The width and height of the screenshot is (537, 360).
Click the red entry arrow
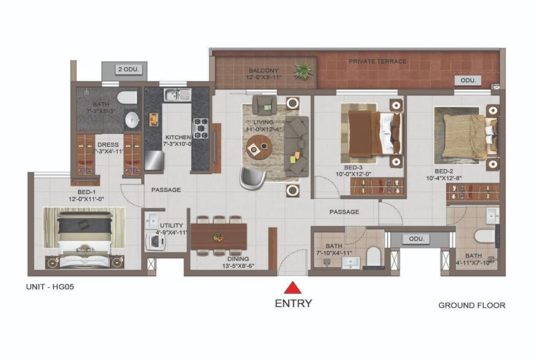[x=292, y=288]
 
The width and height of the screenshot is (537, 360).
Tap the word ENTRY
[x=293, y=304]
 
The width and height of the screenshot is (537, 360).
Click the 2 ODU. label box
[x=129, y=69]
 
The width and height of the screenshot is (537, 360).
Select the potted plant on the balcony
[x=303, y=71]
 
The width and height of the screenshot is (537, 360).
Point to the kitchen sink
[x=177, y=95]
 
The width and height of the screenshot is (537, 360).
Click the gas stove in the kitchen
[x=201, y=128]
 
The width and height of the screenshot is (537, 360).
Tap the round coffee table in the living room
[x=259, y=147]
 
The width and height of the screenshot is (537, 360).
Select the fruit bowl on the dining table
[x=218, y=237]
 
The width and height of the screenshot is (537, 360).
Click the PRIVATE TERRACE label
[x=377, y=61]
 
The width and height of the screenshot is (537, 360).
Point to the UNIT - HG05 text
[x=50, y=287]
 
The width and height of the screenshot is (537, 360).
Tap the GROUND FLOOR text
[x=471, y=305]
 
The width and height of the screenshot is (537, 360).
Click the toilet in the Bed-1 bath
[x=127, y=97]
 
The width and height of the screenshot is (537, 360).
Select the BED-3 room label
[x=353, y=168]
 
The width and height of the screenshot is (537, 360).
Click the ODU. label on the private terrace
[x=468, y=80]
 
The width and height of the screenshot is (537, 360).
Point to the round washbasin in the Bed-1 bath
[x=132, y=120]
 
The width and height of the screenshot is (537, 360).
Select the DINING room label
[x=238, y=259]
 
